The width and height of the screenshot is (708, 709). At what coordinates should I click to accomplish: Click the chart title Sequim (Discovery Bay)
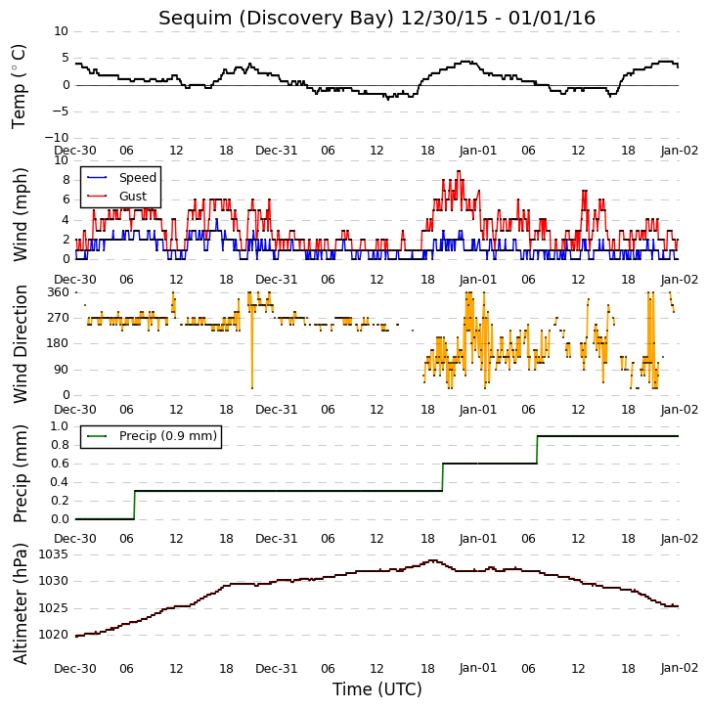pyautogui.click(x=277, y=19)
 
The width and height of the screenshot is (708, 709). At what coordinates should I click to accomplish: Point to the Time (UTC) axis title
pyautogui.click(x=377, y=689)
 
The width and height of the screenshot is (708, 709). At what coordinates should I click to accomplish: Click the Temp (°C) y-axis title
pyautogui.click(x=19, y=86)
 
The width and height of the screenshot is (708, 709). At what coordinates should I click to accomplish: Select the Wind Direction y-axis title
pyautogui.click(x=21, y=344)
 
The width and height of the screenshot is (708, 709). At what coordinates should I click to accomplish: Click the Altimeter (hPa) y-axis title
pyautogui.click(x=21, y=603)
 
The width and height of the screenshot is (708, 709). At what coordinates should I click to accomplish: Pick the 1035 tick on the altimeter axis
pyautogui.click(x=54, y=554)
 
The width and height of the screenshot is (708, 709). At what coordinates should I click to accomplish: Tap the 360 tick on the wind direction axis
pyautogui.click(x=59, y=292)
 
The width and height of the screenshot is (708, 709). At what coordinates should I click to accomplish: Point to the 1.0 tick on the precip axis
pyautogui.click(x=60, y=426)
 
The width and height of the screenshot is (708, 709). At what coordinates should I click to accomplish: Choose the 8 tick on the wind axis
pyautogui.click(x=66, y=180)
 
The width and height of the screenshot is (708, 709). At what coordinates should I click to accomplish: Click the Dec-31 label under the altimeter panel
pyautogui.click(x=276, y=668)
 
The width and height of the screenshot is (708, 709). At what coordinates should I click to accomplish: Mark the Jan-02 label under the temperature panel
pyautogui.click(x=679, y=151)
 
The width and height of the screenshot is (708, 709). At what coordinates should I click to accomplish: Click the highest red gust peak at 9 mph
pyautogui.click(x=459, y=171)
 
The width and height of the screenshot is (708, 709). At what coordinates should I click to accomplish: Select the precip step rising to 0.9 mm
pyautogui.click(x=537, y=450)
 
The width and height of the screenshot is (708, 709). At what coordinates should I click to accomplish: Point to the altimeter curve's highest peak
pyautogui.click(x=433, y=560)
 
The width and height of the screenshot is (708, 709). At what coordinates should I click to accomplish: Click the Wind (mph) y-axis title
pyautogui.click(x=21, y=214)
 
